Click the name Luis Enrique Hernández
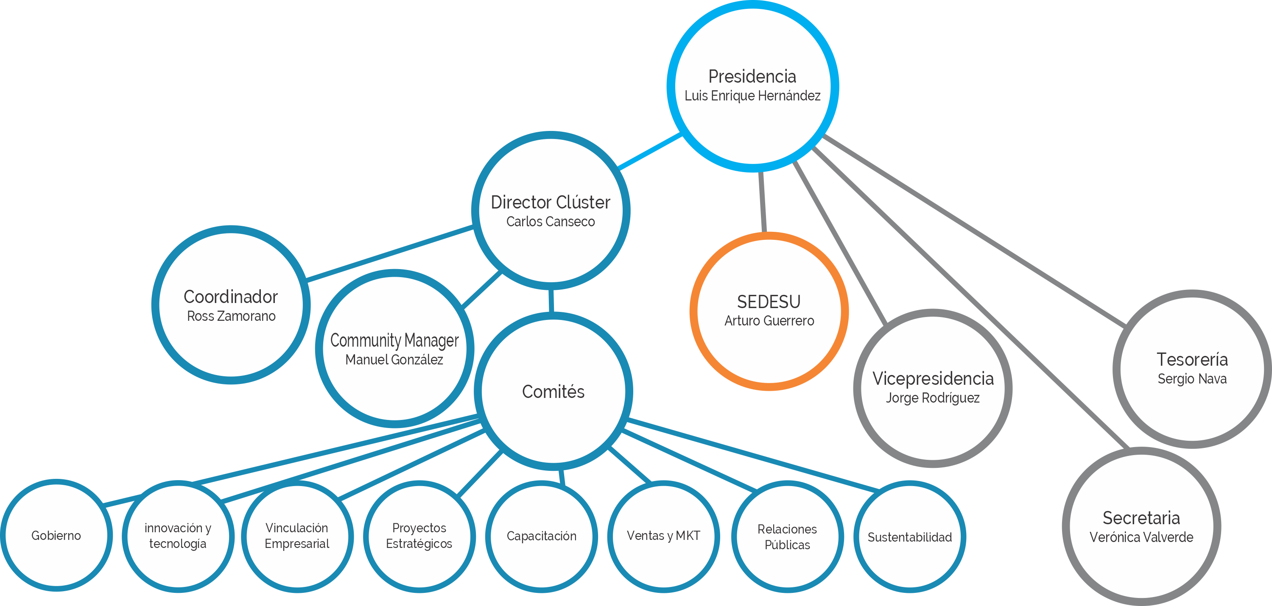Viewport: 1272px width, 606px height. (752, 96)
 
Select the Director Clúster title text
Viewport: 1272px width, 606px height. (550, 202)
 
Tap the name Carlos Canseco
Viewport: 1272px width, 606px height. (550, 222)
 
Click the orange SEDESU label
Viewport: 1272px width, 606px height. (769, 302)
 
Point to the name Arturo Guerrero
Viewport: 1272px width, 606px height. (769, 321)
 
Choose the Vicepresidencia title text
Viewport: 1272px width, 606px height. (932, 378)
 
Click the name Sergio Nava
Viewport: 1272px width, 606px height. (1191, 379)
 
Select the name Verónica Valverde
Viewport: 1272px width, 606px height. (1141, 537)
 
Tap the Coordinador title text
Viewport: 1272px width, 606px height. (231, 297)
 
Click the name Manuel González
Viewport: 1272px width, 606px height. (394, 360)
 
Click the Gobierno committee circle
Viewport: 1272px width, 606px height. (56, 535)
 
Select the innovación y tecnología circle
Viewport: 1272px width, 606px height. (178, 536)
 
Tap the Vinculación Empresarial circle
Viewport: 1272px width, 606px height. (297, 536)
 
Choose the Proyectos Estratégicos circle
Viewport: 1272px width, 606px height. (419, 536)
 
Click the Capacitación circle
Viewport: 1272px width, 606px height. (541, 536)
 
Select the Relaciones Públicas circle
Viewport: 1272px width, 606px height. (787, 537)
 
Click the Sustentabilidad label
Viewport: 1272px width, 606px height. (909, 537)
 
